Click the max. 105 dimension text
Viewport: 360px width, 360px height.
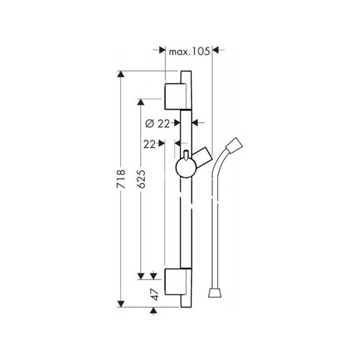pyautogui.click(x=189, y=51)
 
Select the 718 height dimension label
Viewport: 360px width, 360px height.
pyautogui.click(x=121, y=179)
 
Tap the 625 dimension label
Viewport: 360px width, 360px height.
pyautogui.click(x=141, y=179)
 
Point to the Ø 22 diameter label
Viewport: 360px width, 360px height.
pyautogui.click(x=158, y=124)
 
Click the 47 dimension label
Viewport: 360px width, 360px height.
pyautogui.click(x=155, y=294)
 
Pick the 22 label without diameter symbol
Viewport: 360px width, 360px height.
pyautogui.click(x=150, y=145)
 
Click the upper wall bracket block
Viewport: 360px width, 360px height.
pyautogui.click(x=175, y=96)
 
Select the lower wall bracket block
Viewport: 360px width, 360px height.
pyautogui.click(x=175, y=282)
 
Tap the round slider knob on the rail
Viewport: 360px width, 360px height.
pyautogui.click(x=186, y=168)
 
